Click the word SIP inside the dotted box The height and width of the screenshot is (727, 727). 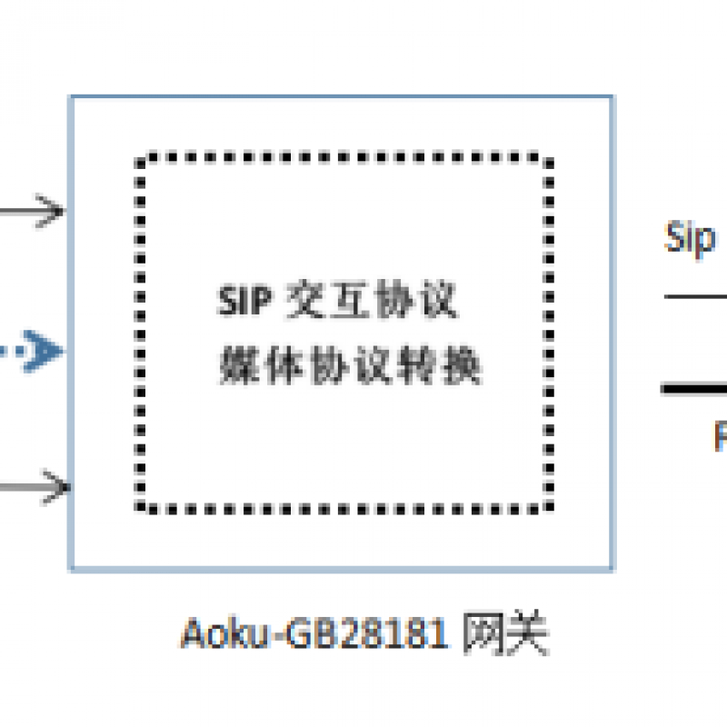tap(243, 302)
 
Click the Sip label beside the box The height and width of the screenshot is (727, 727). tap(691, 237)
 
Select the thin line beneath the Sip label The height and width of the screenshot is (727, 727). tap(696, 296)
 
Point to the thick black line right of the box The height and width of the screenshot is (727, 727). tap(694, 389)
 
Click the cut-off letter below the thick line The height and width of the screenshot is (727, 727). tap(721, 437)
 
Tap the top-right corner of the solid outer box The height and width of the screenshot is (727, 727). tap(612, 96)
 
